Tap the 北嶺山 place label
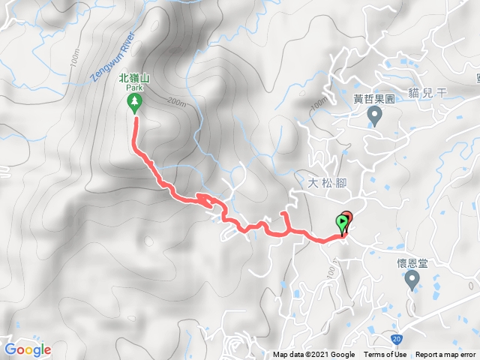tap(135, 76)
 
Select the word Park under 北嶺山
tap(135, 87)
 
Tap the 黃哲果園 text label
tap(374, 97)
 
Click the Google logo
tap(28, 349)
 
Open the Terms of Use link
tap(385, 355)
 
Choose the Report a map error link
tap(446, 355)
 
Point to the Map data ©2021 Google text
tap(313, 355)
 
